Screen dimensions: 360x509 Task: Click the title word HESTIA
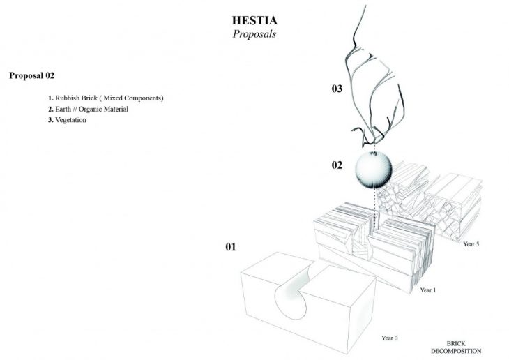pyautogui.click(x=254, y=20)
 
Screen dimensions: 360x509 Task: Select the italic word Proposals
pyautogui.click(x=254, y=34)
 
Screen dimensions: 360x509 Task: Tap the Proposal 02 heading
pyautogui.click(x=31, y=75)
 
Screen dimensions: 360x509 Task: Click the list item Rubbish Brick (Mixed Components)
pyautogui.click(x=105, y=98)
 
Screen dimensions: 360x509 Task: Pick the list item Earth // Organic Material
pyautogui.click(x=88, y=109)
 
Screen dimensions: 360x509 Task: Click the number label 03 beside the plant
pyautogui.click(x=337, y=89)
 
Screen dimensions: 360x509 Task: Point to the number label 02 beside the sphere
pyautogui.click(x=337, y=165)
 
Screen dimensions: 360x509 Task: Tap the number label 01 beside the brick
pyautogui.click(x=231, y=247)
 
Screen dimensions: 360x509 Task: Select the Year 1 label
pyautogui.click(x=427, y=288)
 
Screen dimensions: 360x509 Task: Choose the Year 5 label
pyautogui.click(x=471, y=244)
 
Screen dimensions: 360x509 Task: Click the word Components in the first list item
pyautogui.click(x=144, y=98)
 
